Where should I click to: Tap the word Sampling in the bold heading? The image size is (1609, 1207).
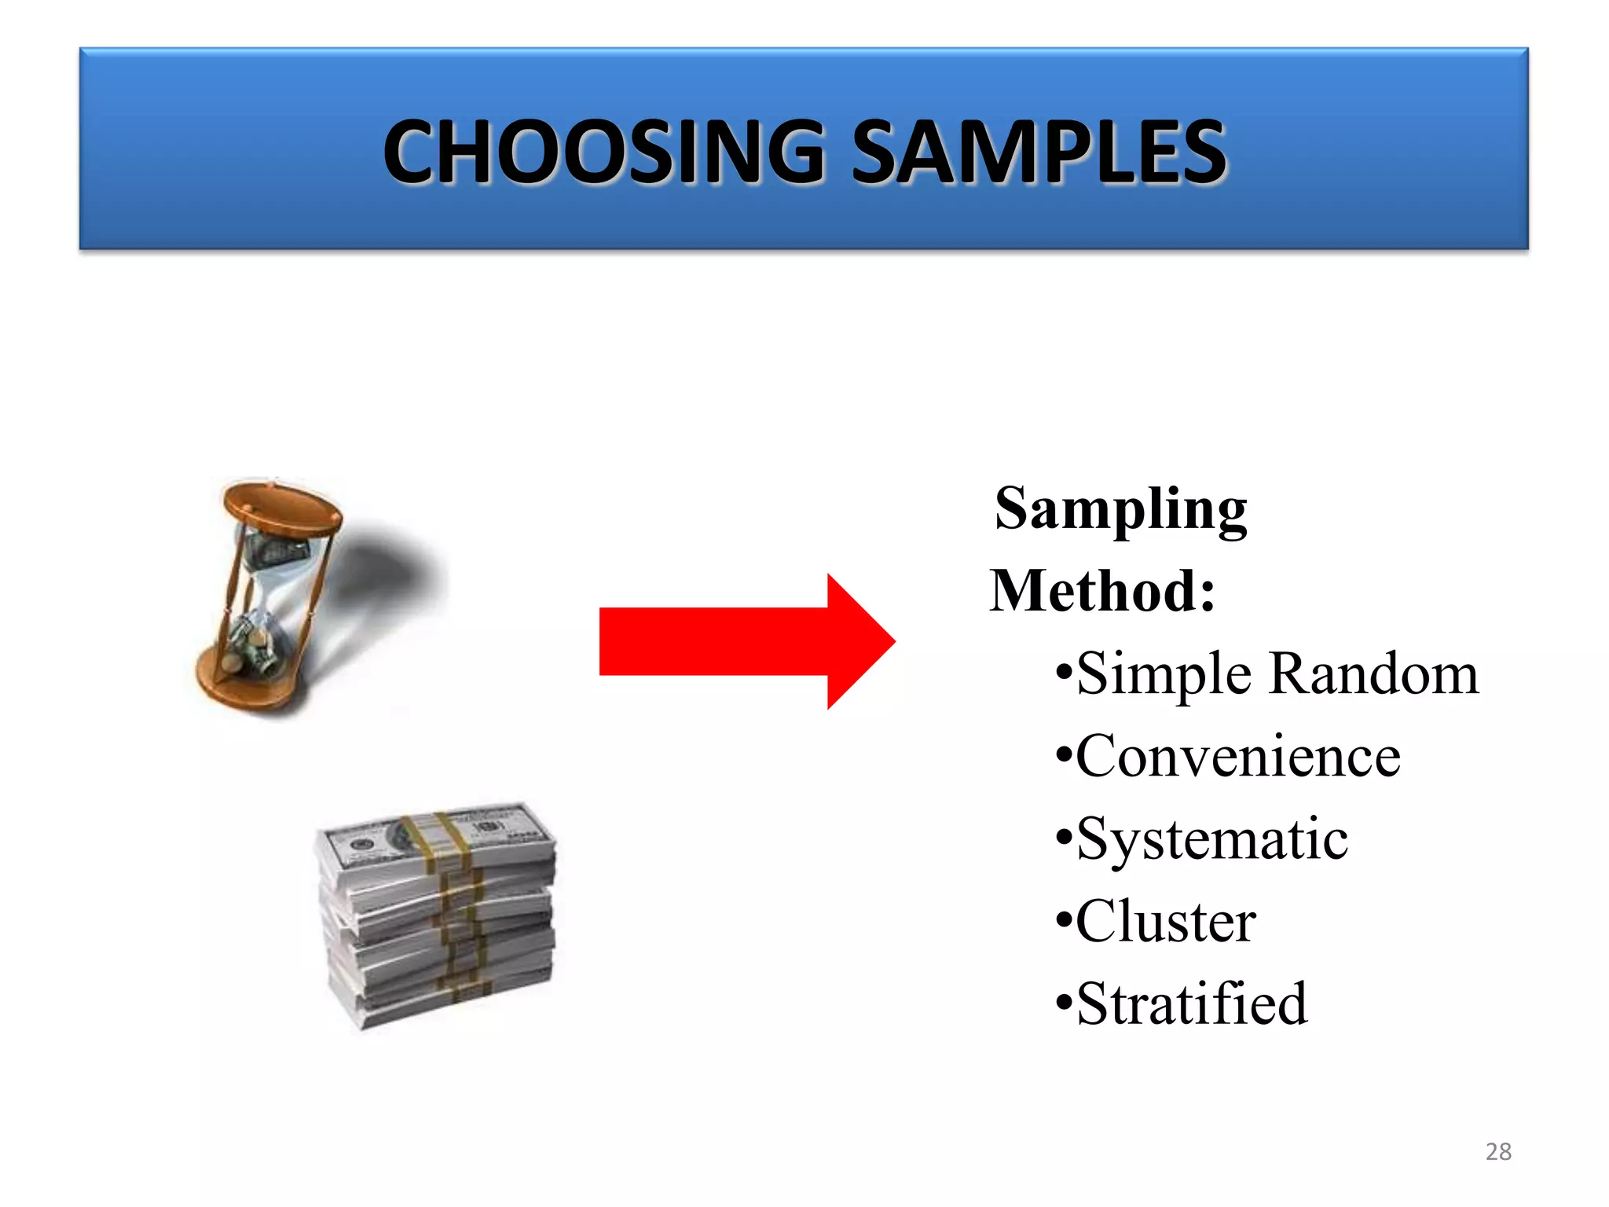(1120, 509)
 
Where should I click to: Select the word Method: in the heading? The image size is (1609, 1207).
(1102, 591)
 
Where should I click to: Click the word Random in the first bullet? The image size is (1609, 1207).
(1374, 674)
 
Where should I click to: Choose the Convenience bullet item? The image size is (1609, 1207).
(1237, 756)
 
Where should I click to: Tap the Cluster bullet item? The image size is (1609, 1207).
(1165, 921)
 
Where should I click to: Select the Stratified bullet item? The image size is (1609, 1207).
(1191, 1004)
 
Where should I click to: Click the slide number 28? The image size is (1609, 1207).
(1498, 1151)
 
